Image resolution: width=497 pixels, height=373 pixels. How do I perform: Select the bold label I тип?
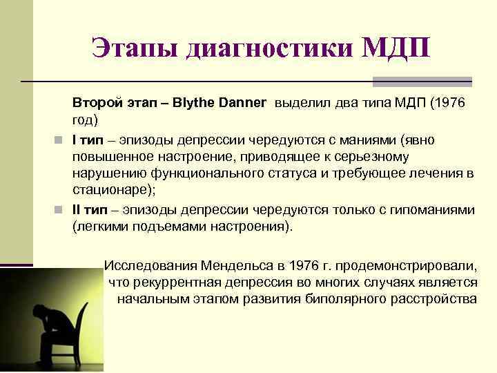88,140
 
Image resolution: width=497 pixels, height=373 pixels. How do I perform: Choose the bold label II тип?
90,211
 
